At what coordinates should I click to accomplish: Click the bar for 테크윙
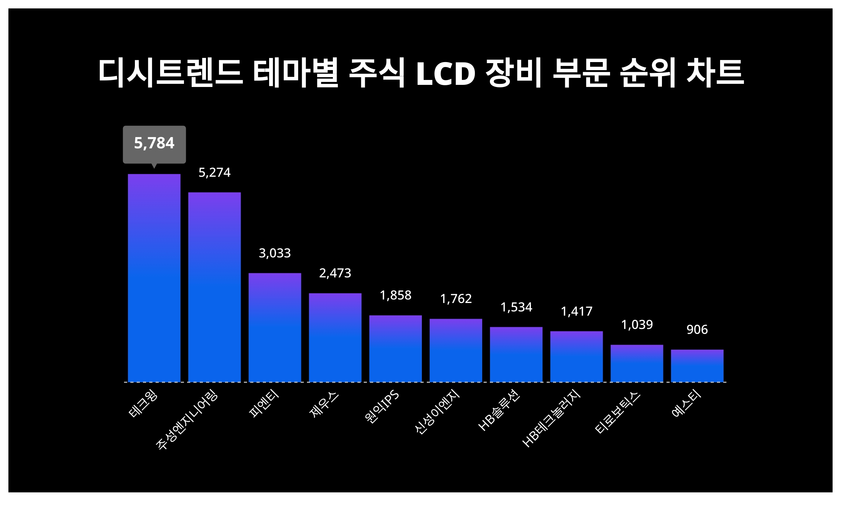pyautogui.click(x=154, y=278)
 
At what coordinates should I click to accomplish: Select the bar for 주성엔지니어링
pyautogui.click(x=214, y=287)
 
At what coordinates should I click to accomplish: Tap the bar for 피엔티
pyautogui.click(x=275, y=327)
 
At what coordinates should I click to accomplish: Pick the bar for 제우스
pyautogui.click(x=335, y=337)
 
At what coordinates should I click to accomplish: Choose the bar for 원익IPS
pyautogui.click(x=395, y=348)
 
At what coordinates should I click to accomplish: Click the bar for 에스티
pyautogui.click(x=697, y=365)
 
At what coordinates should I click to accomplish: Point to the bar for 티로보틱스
pyautogui.click(x=637, y=363)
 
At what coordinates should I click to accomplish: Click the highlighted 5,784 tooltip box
pyautogui.click(x=154, y=144)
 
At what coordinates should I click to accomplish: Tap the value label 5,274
pyautogui.click(x=214, y=173)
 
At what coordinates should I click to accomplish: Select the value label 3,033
pyautogui.click(x=275, y=253)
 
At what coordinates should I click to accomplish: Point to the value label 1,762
pyautogui.click(x=456, y=299)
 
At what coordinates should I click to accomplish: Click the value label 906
pyautogui.click(x=697, y=330)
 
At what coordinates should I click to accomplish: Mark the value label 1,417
pyautogui.click(x=576, y=311)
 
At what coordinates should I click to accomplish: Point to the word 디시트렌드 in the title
pyautogui.click(x=171, y=73)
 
